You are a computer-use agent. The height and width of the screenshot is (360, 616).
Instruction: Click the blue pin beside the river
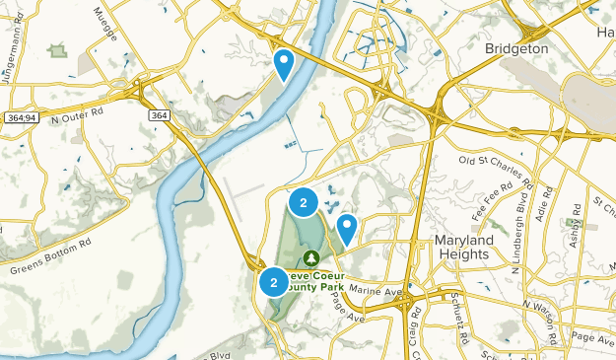(x=284, y=64)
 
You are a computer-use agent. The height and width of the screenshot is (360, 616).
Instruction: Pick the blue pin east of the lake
(x=347, y=231)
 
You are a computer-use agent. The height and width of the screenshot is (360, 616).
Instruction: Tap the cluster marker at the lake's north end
(x=303, y=202)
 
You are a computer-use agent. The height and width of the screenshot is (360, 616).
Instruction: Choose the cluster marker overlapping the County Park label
(x=273, y=282)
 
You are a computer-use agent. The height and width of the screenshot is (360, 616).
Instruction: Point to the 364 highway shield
(x=159, y=115)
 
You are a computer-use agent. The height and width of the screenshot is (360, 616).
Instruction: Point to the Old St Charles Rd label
(x=489, y=160)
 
